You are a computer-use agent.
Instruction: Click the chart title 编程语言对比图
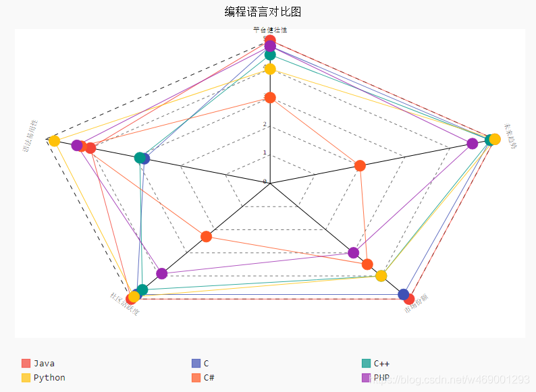(x=263, y=11)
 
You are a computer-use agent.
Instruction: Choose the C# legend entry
(x=209, y=378)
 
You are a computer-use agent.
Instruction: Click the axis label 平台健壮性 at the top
(x=270, y=30)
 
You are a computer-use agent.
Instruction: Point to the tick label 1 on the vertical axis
(x=265, y=152)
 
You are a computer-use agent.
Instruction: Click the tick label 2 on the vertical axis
(x=265, y=124)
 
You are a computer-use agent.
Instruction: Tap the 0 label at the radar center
(x=265, y=181)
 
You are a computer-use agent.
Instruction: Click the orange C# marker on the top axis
(x=270, y=98)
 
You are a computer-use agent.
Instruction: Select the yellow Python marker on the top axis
(x=270, y=69)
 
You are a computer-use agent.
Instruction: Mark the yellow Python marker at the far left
(x=54, y=140)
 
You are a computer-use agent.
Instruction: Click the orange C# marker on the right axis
(x=360, y=165)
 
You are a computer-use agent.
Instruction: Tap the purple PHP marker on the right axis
(x=473, y=143)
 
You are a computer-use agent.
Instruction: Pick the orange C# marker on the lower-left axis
(x=207, y=236)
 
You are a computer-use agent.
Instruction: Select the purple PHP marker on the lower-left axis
(x=161, y=273)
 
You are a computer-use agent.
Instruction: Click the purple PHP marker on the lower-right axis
(x=353, y=252)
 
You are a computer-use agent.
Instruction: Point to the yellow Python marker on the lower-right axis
(x=381, y=275)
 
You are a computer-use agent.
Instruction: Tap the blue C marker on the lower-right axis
(x=404, y=294)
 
